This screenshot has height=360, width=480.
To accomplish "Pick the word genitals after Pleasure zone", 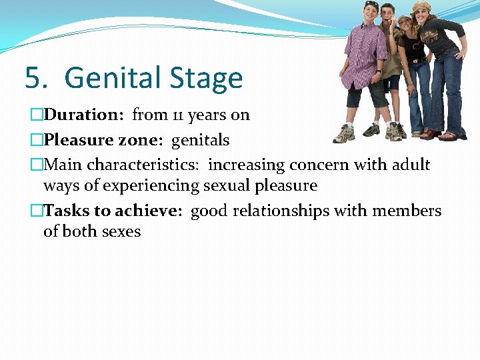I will [201, 140].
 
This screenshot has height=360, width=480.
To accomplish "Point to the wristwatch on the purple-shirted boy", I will [378, 71].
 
